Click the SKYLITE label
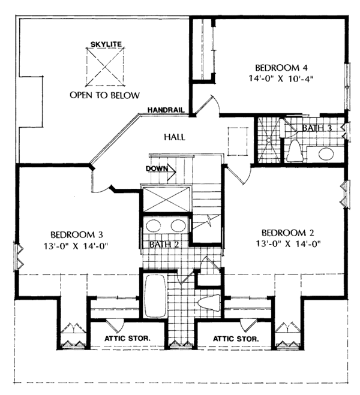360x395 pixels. tap(106, 44)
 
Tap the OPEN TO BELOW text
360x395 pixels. tap(104, 95)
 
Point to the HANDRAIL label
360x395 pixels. tap(166, 110)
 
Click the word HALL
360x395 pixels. tap(175, 137)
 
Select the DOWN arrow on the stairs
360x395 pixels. tap(172, 172)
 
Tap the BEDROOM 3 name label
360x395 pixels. tap(77, 235)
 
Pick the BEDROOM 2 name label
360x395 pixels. tap(287, 233)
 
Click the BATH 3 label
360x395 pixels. tap(317, 128)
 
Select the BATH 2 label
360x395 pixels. tap(164, 245)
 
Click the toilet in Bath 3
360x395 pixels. tap(295, 151)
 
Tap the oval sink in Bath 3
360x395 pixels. tap(326, 153)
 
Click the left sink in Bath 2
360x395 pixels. tap(154, 225)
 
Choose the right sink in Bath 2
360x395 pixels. tap(178, 225)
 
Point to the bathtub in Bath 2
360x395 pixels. tap(155, 296)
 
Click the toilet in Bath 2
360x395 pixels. tap(209, 303)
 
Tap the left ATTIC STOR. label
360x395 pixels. tap(127, 338)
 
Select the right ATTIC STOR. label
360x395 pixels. tap(236, 339)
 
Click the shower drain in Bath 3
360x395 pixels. tap(269, 140)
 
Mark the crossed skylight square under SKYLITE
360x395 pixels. tap(106, 67)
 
